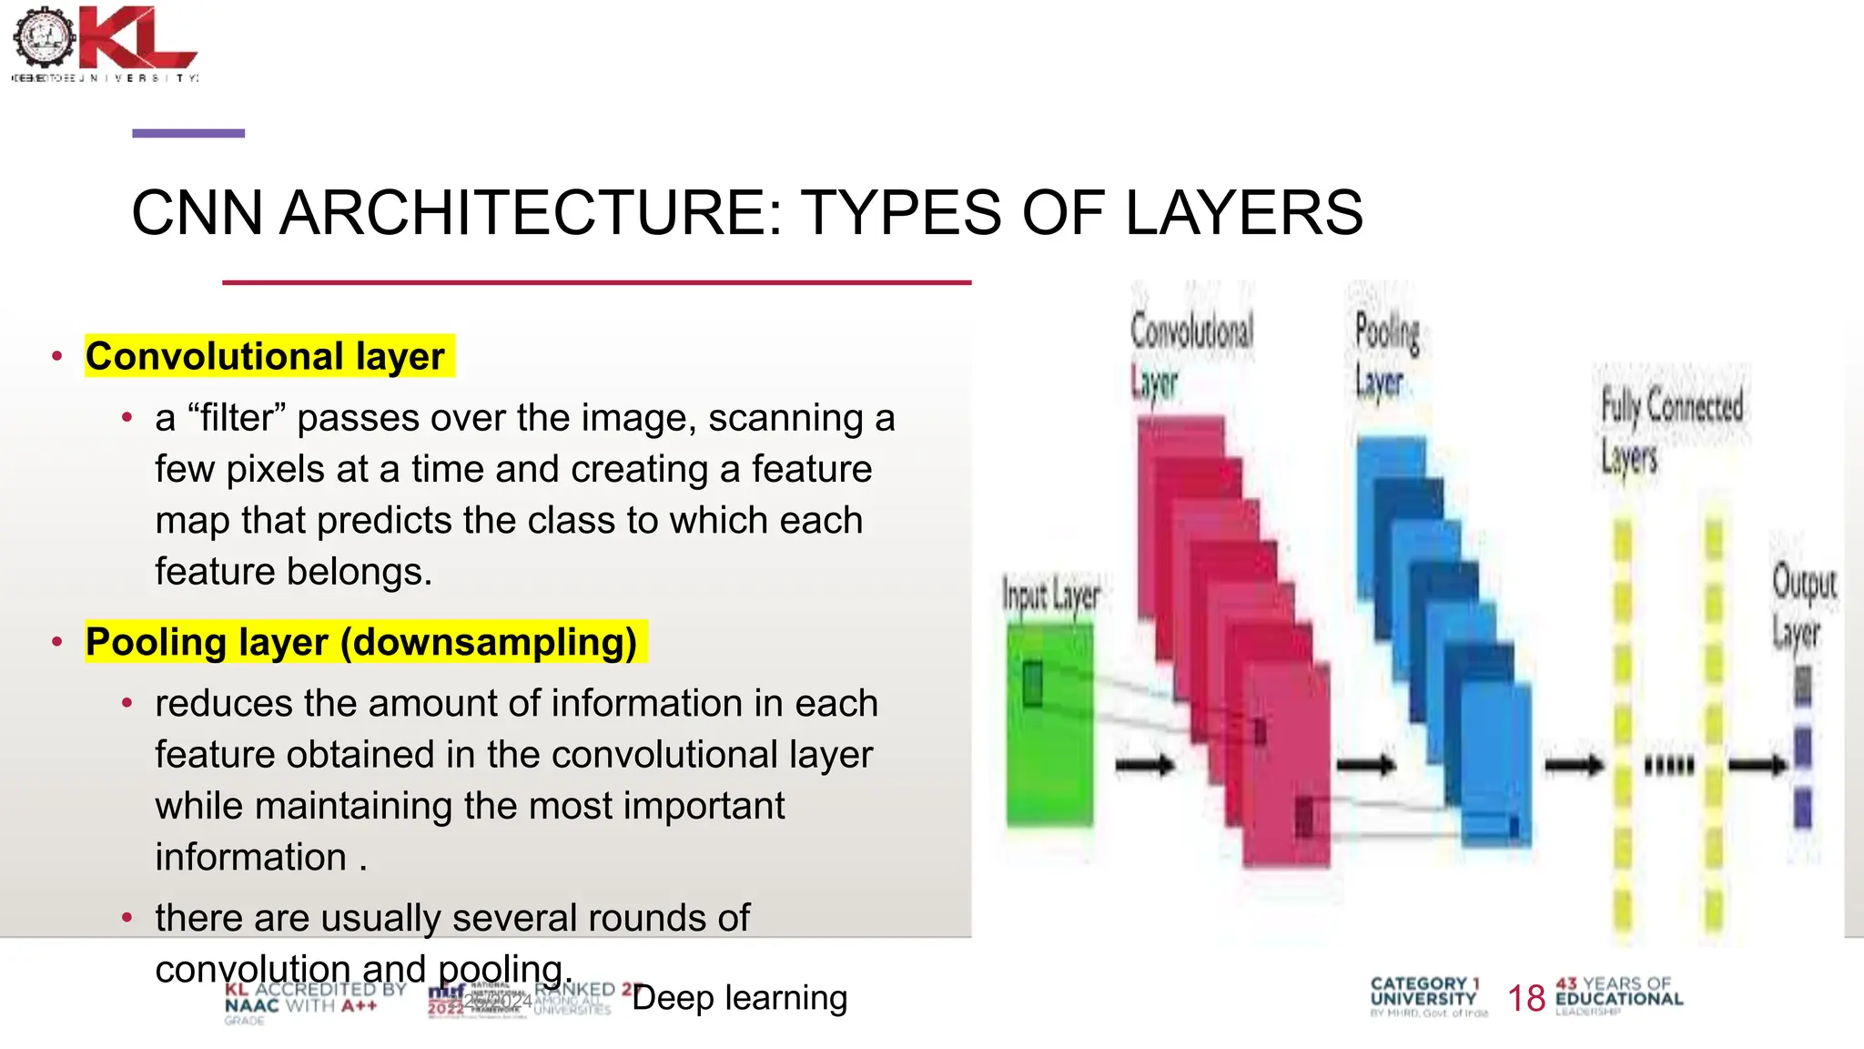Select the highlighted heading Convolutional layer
266,356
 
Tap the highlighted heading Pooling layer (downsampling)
361,642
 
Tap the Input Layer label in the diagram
1051,596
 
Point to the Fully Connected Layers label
1671,428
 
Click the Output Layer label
1802,606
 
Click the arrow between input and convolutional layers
1144,764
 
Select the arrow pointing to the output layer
1758,764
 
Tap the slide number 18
1526,998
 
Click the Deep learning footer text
739,998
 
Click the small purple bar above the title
188,133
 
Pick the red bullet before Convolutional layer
57,356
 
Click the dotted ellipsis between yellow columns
1669,765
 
